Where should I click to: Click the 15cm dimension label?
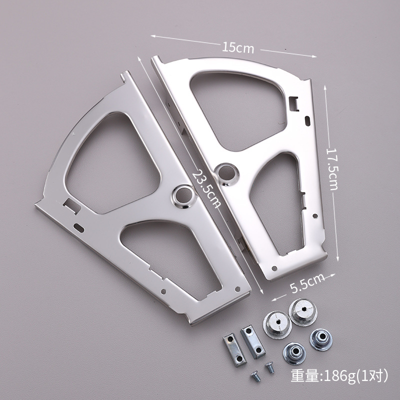pos(238,47)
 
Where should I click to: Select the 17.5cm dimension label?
pos(332,169)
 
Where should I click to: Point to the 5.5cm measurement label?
pos(307,283)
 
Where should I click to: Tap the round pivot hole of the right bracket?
pos(227,173)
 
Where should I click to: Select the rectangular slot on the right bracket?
pos(294,103)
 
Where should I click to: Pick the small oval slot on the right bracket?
pos(307,120)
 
